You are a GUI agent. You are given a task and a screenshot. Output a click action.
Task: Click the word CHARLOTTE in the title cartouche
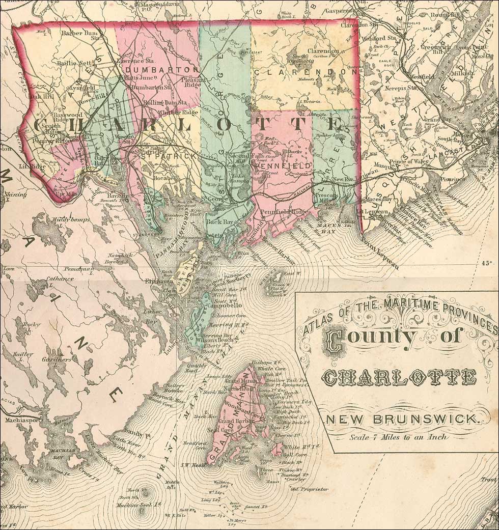[400, 378]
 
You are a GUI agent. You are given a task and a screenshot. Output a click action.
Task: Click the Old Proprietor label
[309, 489]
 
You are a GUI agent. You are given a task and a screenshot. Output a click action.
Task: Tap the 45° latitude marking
[487, 263]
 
